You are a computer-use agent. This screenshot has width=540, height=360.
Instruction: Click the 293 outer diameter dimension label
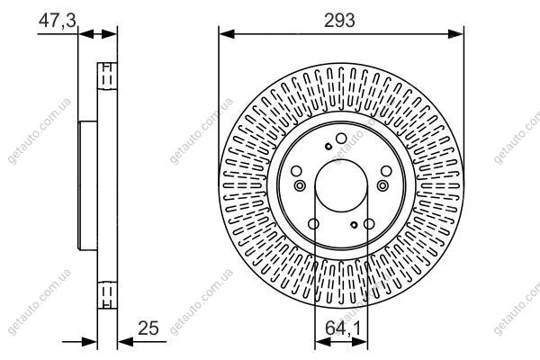(x=339, y=21)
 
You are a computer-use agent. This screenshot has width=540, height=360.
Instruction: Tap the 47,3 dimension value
(x=58, y=21)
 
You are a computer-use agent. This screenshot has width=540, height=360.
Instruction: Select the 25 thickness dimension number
(x=148, y=328)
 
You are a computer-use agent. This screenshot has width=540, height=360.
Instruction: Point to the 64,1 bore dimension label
(x=343, y=328)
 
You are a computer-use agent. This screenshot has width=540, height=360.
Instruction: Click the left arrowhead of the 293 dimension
(x=227, y=34)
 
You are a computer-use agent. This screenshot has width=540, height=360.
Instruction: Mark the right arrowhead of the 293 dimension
(x=456, y=34)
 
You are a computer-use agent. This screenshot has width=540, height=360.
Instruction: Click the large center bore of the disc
(x=341, y=185)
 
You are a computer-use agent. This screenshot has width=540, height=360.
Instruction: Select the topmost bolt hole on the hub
(x=341, y=139)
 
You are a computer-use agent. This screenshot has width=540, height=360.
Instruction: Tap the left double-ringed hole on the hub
(x=300, y=185)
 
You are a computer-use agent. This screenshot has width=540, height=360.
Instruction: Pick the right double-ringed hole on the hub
(x=382, y=185)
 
